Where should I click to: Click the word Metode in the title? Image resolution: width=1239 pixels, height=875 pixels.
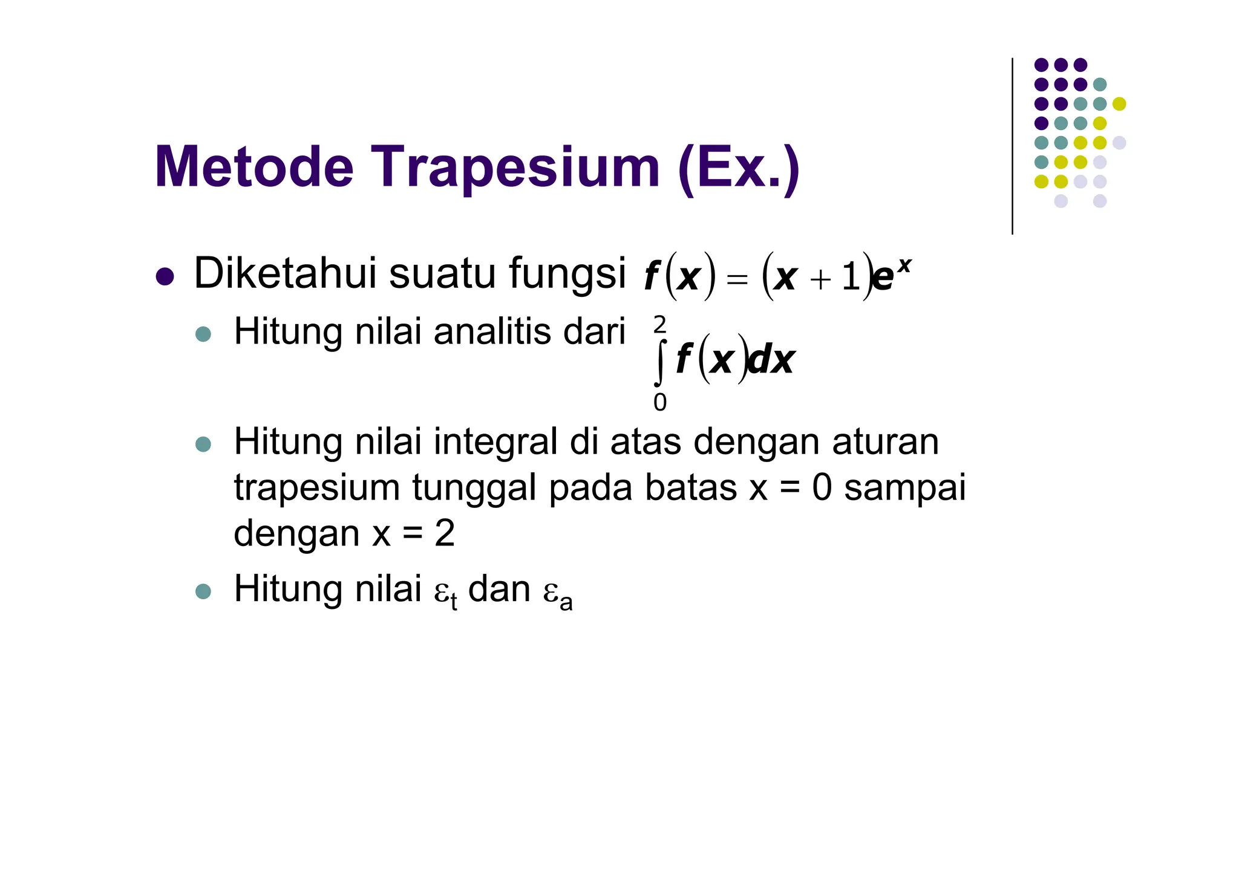point(254,167)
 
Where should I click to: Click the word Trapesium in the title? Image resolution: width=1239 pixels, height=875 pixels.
point(515,167)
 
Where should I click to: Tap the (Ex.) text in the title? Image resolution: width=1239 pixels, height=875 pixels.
point(739,167)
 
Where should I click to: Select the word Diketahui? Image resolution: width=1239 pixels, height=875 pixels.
point(284,273)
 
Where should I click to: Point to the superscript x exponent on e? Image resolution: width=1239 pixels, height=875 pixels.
point(904,264)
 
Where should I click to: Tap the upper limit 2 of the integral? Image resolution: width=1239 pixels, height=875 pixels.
point(659,325)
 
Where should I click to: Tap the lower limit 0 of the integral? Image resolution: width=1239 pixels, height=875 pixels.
point(659,402)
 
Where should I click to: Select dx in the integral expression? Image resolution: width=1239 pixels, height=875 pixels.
point(771,360)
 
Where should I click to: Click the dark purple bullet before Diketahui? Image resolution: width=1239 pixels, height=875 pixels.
point(165,277)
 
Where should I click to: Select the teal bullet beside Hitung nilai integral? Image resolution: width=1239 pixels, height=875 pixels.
point(203,444)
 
